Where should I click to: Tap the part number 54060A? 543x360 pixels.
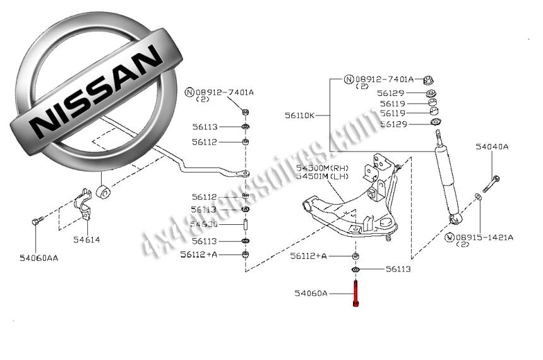pyautogui.click(x=311, y=293)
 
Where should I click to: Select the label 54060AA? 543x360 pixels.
pyautogui.click(x=39, y=257)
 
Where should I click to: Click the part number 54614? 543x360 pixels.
pyautogui.click(x=86, y=240)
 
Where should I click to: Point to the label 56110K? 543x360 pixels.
pyautogui.click(x=299, y=116)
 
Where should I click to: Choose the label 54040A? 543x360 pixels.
pyautogui.click(x=492, y=147)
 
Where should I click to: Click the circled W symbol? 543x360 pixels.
pyautogui.click(x=450, y=237)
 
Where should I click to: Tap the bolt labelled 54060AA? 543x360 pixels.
pyautogui.click(x=35, y=222)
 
